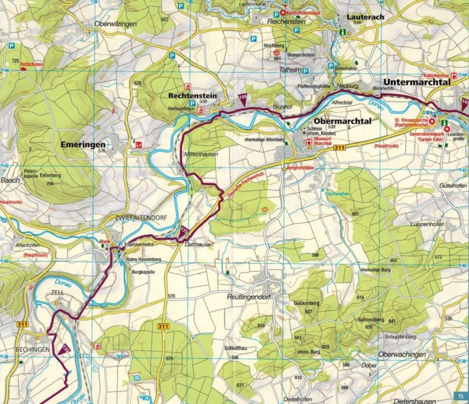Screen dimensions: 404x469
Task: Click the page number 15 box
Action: point(460,396)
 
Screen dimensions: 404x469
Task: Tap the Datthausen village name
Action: point(199,244)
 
